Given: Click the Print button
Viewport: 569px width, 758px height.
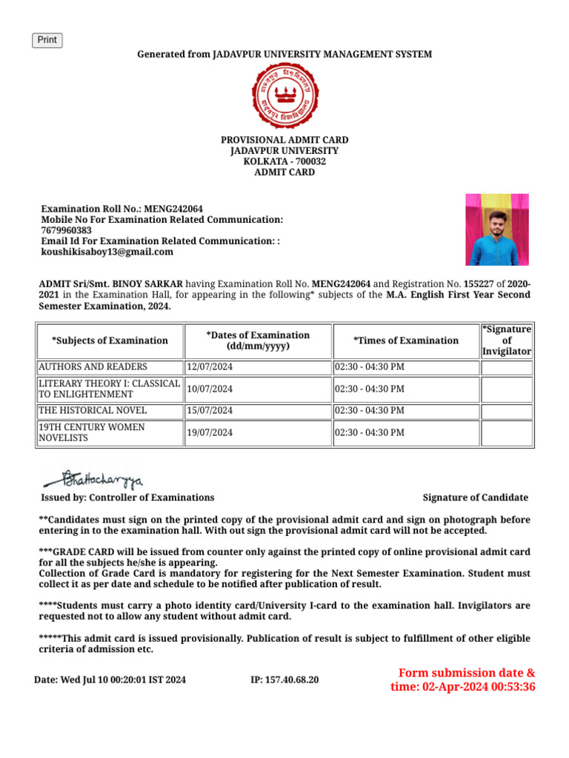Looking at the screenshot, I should [x=47, y=40].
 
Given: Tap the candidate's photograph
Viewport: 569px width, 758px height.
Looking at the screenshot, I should [x=496, y=229].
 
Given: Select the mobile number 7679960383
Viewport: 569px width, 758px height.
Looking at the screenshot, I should [x=67, y=230].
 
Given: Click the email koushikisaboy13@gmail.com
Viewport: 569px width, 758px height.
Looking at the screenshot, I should [x=107, y=252].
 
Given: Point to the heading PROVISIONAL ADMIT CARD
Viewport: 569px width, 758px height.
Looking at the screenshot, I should [x=284, y=140].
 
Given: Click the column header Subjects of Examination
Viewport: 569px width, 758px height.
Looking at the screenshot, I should [x=110, y=341].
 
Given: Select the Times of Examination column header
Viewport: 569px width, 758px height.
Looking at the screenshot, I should [x=405, y=341].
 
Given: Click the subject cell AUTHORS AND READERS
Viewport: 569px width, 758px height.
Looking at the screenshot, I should [x=93, y=367].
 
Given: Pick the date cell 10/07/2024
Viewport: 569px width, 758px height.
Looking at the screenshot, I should [x=210, y=389].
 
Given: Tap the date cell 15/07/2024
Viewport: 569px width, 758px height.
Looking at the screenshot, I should [x=210, y=410].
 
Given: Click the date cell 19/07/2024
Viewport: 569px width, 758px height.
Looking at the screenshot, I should [x=210, y=432].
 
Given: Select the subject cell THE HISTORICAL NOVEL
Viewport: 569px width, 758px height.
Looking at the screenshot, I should [x=93, y=410].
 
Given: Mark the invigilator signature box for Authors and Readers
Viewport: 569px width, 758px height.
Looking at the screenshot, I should [x=507, y=367].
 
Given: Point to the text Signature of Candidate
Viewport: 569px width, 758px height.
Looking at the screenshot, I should [x=475, y=497].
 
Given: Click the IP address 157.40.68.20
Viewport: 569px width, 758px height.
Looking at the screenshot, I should [x=285, y=680].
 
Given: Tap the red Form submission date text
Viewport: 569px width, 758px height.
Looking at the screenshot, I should [x=463, y=680].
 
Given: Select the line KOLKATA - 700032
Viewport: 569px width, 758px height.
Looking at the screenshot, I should [x=284, y=161].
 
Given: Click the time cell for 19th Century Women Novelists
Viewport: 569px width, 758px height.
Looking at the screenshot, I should [x=405, y=432].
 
